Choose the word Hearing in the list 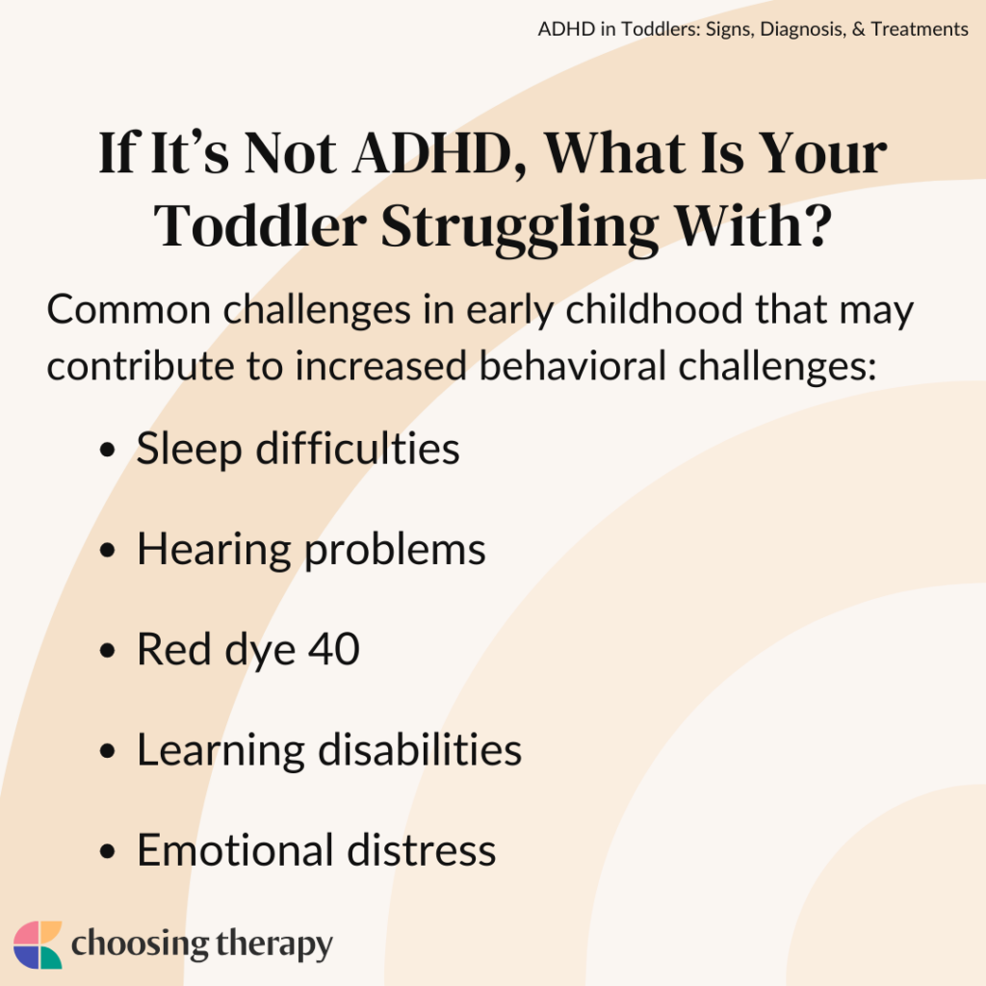(214, 550)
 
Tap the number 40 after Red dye (333, 650)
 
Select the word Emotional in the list (234, 850)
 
